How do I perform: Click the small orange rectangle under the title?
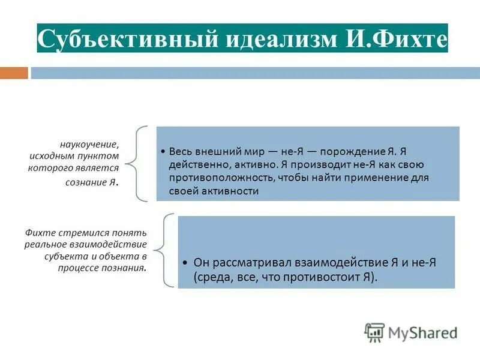[14, 73]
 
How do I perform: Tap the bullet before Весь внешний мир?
[164, 152]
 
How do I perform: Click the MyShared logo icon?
[374, 332]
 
